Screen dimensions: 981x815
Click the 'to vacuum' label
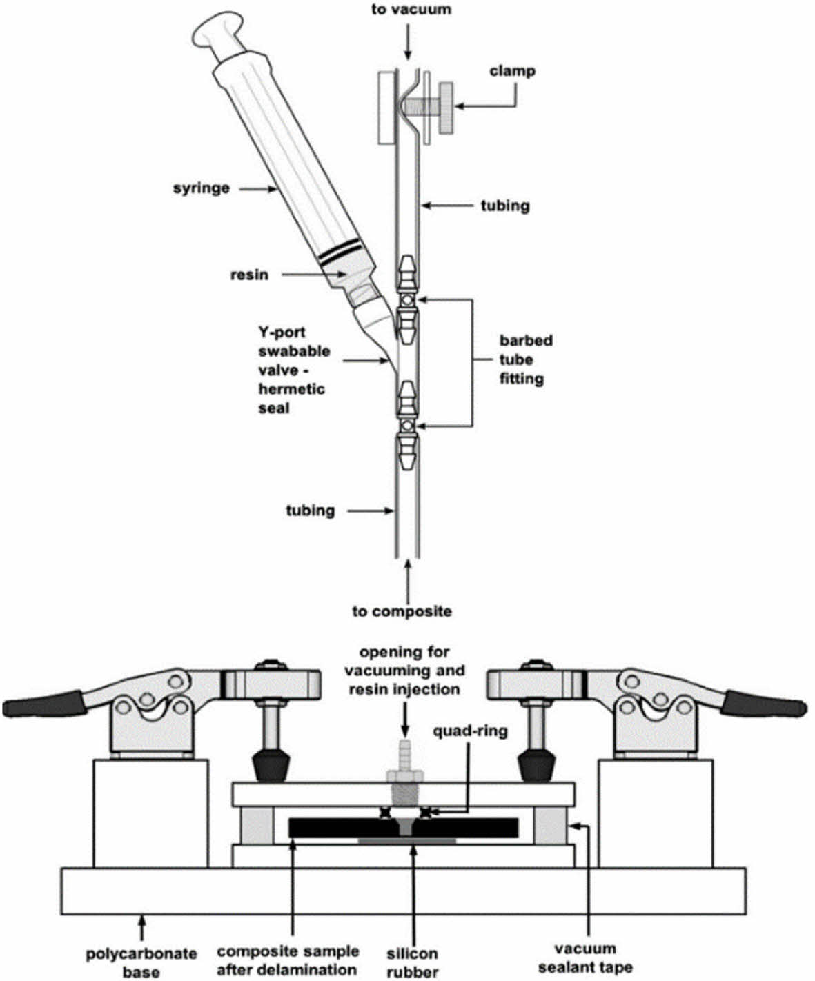click(x=411, y=10)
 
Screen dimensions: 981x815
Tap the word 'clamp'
click(x=512, y=70)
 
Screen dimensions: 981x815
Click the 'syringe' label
click(x=201, y=187)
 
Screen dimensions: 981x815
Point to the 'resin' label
click(x=249, y=275)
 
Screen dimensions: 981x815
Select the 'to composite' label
click(x=402, y=611)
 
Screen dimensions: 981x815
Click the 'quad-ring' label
click(x=471, y=730)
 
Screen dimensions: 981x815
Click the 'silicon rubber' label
click(x=412, y=962)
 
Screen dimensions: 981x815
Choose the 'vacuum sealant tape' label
click(x=586, y=958)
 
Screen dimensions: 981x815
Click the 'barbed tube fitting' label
click(x=526, y=359)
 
